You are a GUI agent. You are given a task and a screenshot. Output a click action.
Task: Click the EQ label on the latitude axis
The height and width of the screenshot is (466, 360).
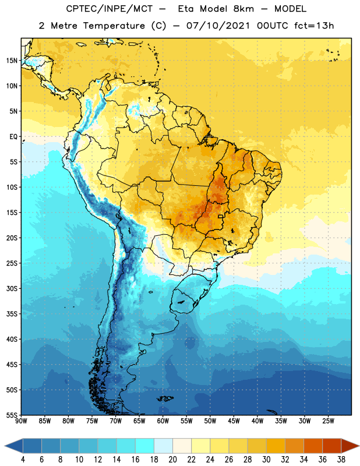point(13,137)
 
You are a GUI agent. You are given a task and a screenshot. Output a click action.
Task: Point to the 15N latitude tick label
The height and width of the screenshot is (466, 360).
point(12,61)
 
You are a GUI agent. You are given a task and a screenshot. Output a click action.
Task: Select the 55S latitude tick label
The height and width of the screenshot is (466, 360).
point(12,415)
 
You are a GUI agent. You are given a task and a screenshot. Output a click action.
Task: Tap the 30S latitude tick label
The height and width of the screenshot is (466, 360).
point(12,288)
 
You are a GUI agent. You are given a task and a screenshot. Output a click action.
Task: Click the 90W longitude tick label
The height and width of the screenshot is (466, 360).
point(21,421)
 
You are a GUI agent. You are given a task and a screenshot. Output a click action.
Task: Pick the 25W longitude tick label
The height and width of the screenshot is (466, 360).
point(328,421)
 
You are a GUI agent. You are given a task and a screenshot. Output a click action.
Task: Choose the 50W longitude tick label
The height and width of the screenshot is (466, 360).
point(210,421)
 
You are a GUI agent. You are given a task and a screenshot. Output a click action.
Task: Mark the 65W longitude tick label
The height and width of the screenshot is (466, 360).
point(139,421)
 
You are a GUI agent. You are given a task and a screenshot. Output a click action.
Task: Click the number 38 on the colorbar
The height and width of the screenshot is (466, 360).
point(341,460)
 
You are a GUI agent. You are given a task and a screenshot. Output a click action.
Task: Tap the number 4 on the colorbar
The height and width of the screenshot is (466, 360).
point(23,460)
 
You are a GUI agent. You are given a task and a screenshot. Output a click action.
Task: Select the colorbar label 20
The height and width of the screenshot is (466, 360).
point(172,460)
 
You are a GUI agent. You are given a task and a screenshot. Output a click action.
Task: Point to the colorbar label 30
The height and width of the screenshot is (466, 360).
point(266,460)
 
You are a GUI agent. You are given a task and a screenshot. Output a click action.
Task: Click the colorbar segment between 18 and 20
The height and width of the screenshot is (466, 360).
point(164,446)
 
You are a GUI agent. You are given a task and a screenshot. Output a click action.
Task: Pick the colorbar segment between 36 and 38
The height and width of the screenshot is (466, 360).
point(332,446)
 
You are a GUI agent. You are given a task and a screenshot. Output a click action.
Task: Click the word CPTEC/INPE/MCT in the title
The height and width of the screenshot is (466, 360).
point(110,9)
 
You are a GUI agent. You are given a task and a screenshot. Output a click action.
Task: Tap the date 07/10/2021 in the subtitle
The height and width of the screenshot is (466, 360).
point(218,26)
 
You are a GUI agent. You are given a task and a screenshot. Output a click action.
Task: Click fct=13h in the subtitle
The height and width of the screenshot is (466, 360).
point(314,26)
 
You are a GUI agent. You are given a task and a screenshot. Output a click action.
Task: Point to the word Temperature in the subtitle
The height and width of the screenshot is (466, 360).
point(114,26)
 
